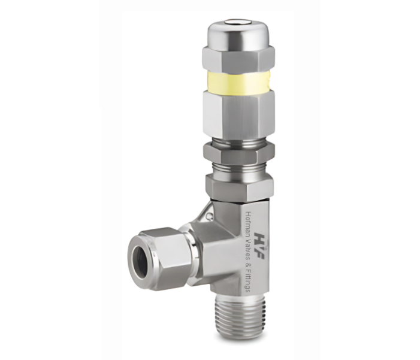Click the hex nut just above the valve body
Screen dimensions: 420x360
point(240,186)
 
